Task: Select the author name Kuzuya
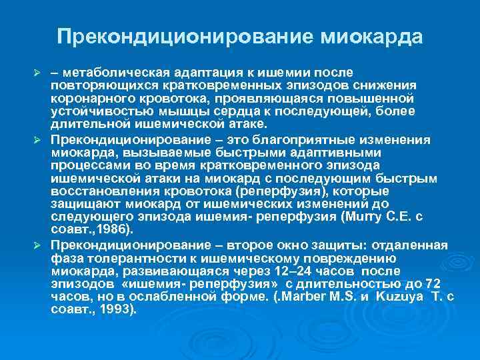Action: (399, 297)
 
